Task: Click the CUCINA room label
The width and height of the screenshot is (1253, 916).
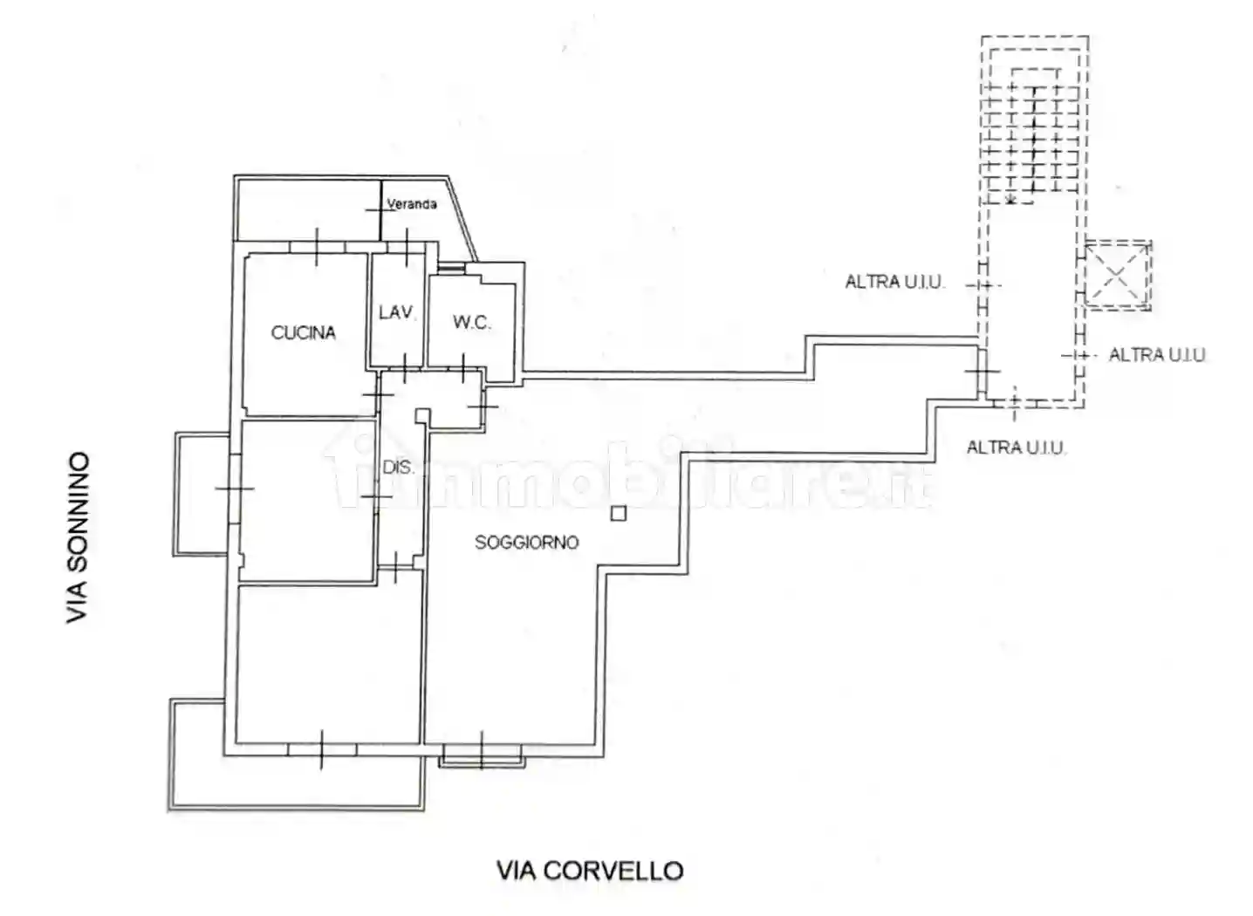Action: coord(303,332)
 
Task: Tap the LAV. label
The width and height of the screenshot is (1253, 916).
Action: coord(396,312)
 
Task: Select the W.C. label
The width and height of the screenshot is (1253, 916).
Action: coord(471,323)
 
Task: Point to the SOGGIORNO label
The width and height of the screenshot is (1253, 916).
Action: coord(526,543)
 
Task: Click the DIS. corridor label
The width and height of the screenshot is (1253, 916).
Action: coord(398,468)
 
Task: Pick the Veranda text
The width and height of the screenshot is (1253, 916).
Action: coord(412,204)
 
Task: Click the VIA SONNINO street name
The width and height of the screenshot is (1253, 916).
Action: coord(79,537)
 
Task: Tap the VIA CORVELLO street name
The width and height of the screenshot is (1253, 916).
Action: coord(590,871)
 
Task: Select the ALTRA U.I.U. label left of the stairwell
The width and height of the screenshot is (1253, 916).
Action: coord(894,283)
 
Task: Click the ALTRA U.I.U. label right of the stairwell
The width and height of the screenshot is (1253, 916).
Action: coord(1157,355)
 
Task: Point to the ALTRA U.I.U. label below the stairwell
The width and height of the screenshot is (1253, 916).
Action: coord(1016,448)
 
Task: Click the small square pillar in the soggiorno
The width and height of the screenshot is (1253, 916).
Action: coord(619,513)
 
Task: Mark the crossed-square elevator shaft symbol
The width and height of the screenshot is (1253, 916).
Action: coord(1117,275)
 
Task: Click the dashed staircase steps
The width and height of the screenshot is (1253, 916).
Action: coord(1033,140)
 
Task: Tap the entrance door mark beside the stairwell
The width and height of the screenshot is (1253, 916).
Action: coord(983,373)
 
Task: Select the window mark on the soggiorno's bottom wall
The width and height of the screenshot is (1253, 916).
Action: coord(482,750)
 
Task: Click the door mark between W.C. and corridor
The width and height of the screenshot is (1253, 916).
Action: coord(462,369)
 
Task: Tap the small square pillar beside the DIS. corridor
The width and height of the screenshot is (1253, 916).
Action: coord(422,416)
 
